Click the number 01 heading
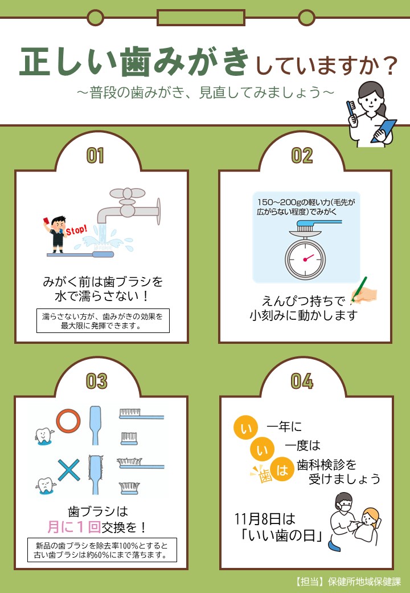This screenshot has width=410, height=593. pyautogui.click(x=95, y=156)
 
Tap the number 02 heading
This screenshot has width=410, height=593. pyautogui.click(x=302, y=156)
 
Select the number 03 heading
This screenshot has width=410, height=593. pyautogui.click(x=96, y=381)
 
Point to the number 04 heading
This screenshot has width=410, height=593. pyautogui.click(x=302, y=381)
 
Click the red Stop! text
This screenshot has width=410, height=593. pyautogui.click(x=76, y=229)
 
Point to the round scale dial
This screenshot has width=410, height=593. pyautogui.click(x=305, y=259)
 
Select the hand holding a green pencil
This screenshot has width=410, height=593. pyautogui.click(x=363, y=291)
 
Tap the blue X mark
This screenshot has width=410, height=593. pyautogui.click(x=68, y=470)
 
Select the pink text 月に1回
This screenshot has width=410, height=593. pyautogui.click(x=74, y=527)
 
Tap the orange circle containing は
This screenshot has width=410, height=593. pyautogui.click(x=282, y=469)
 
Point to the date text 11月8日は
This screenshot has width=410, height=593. pyautogui.click(x=265, y=519)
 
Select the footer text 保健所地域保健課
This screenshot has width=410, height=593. pyautogui.click(x=364, y=581)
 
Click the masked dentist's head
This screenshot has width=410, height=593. pyautogui.click(x=344, y=502)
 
